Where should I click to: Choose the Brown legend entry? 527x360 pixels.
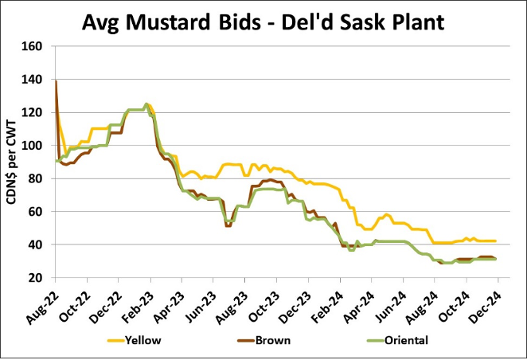pyautogui.click(x=270, y=340)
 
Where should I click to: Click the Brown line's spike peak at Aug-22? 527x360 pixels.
pyautogui.click(x=55, y=81)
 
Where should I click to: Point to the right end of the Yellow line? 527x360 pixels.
pyautogui.click(x=496, y=241)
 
